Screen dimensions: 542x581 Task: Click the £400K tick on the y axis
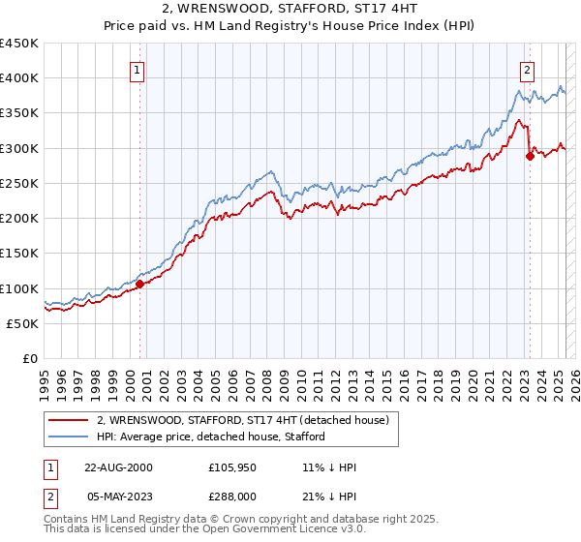click(x=18, y=78)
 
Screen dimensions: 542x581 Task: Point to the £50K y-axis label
click(x=22, y=323)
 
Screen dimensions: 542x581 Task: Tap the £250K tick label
click(x=18, y=183)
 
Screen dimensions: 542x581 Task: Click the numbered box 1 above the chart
click(x=138, y=70)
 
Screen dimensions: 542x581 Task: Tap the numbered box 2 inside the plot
click(x=527, y=70)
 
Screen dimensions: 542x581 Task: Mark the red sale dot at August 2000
click(x=140, y=285)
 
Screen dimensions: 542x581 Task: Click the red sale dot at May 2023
click(x=530, y=157)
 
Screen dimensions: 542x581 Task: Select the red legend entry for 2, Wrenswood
click(x=242, y=420)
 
